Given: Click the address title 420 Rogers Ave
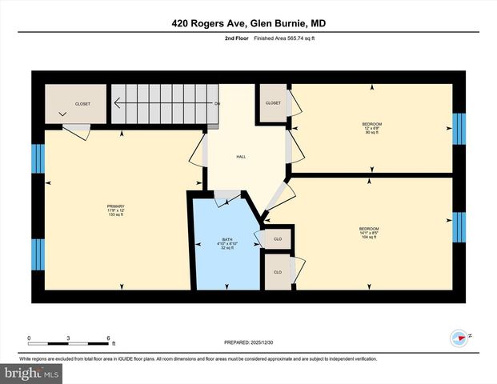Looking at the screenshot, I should pyautogui.click(x=248, y=24).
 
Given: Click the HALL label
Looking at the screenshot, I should pyautogui.click(x=240, y=157).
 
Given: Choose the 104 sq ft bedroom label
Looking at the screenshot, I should pyautogui.click(x=368, y=232).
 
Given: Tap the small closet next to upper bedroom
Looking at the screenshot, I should pyautogui.click(x=273, y=103).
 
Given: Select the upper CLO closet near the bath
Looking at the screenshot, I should pyautogui.click(x=277, y=238).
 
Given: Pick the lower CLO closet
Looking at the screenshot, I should pyautogui.click(x=277, y=272).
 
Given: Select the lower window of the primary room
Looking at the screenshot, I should pyautogui.click(x=37, y=254).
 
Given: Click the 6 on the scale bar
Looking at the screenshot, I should pyautogui.click(x=108, y=338).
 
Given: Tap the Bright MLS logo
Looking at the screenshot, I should pyautogui.click(x=32, y=373).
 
